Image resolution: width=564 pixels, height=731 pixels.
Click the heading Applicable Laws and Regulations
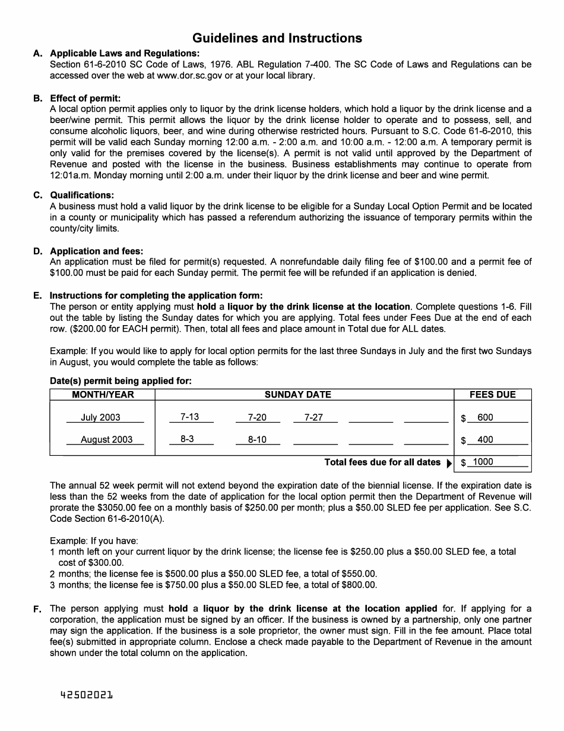click(125, 53)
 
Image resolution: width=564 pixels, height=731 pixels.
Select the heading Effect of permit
click(85, 98)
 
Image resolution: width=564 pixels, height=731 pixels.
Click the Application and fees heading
click(96, 251)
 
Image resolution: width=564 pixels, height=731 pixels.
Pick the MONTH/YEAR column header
click(103, 395)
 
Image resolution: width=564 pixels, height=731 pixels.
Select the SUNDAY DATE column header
click(297, 395)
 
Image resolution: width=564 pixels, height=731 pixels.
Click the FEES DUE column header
click(492, 395)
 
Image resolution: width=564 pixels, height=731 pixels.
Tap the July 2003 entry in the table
click(100, 417)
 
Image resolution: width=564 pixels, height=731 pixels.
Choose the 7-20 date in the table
click(257, 417)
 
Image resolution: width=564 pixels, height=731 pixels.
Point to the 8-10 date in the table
click(257, 440)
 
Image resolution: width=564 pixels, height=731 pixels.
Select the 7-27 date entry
click(313, 417)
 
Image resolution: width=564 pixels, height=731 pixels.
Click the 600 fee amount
click(485, 417)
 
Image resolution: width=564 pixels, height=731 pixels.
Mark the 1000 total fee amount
click(483, 462)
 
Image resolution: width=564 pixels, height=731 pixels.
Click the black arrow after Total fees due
click(449, 463)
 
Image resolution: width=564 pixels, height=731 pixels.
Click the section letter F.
click(37, 609)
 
